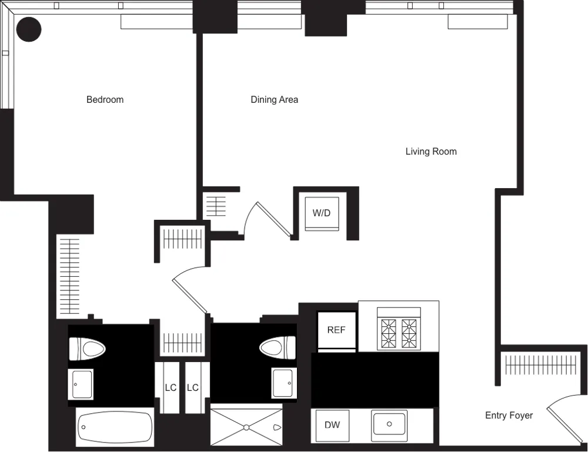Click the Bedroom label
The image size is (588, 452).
click(x=105, y=99)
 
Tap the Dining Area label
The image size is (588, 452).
click(x=274, y=99)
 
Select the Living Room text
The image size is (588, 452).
click(x=431, y=151)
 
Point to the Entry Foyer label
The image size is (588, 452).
click(x=509, y=416)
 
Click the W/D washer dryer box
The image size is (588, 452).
click(x=322, y=213)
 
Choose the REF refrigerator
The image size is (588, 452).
click(x=336, y=330)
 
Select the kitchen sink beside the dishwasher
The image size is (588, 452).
click(x=389, y=423)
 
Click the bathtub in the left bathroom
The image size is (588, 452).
click(x=115, y=428)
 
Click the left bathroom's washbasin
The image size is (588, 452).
click(x=82, y=384)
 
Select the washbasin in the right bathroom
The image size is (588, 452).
click(x=283, y=383)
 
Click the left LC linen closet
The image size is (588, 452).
click(x=171, y=387)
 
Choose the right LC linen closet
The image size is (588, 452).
click(x=193, y=387)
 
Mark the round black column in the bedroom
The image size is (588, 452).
click(x=28, y=29)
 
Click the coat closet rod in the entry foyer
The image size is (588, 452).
click(x=539, y=366)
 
